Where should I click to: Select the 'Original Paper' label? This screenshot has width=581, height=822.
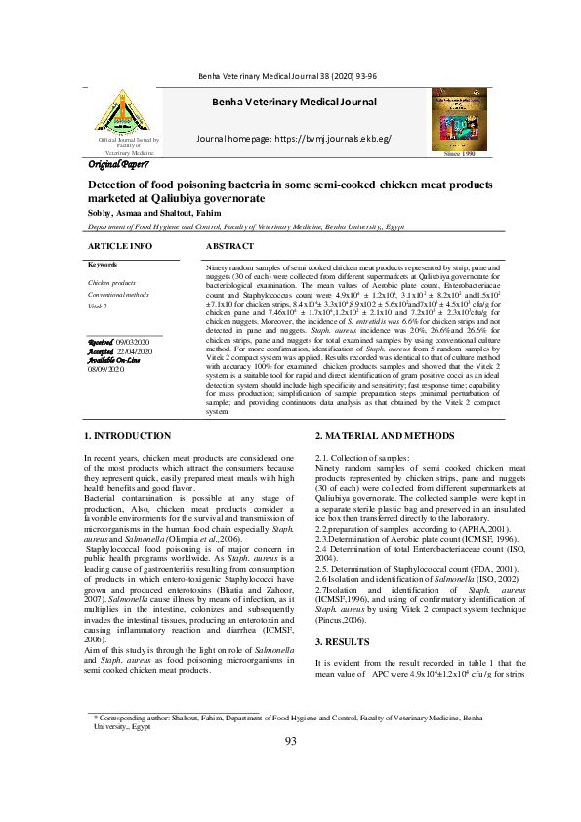[118, 165]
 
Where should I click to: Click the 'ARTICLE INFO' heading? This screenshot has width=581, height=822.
[120, 247]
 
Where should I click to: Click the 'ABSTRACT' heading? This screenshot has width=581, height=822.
[230, 247]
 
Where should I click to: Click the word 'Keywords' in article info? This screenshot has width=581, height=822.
[103, 265]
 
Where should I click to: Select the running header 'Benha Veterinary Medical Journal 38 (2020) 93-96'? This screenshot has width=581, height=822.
[290, 76]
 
